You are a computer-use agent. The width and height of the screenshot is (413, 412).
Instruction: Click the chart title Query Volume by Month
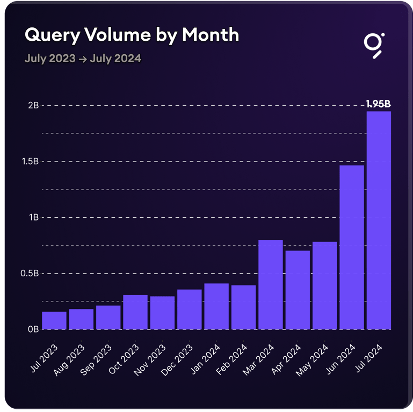click(132, 35)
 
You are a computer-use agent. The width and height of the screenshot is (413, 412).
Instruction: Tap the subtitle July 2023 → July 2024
click(83, 58)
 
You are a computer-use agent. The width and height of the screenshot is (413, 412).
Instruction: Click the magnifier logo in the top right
click(373, 45)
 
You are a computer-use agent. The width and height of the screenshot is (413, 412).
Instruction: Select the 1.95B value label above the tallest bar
click(378, 104)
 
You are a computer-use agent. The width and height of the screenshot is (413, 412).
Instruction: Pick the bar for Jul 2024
click(379, 220)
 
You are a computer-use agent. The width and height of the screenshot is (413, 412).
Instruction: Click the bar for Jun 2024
click(352, 247)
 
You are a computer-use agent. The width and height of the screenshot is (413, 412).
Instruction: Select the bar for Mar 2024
click(271, 284)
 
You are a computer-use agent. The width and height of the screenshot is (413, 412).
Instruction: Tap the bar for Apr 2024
click(298, 290)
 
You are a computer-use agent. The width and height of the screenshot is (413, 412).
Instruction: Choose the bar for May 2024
click(324, 285)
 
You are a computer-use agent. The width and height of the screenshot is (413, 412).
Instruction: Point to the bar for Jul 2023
click(54, 320)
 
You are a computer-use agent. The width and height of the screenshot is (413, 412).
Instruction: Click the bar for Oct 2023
click(135, 312)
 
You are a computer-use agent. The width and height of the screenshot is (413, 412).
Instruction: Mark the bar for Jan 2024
click(216, 306)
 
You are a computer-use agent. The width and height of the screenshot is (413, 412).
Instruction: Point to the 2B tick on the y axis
click(33, 105)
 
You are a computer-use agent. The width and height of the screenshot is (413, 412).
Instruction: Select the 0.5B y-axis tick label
click(30, 273)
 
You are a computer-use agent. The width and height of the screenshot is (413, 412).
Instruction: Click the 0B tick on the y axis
click(33, 329)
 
